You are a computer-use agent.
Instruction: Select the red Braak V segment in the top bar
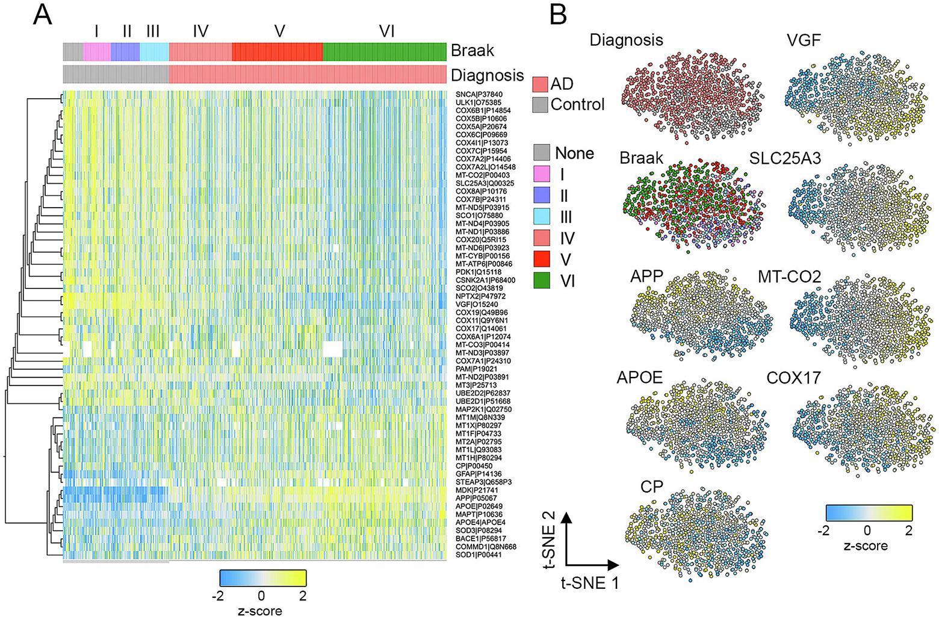[x=277, y=52]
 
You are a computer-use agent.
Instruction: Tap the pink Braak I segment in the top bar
[x=96, y=52]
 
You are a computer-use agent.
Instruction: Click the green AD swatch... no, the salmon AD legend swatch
[x=541, y=84]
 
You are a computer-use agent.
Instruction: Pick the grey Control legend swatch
[x=541, y=104]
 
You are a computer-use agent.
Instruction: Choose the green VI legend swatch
[x=542, y=280]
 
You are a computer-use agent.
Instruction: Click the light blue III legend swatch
[x=542, y=217]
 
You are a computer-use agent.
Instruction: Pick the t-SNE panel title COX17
[x=793, y=378]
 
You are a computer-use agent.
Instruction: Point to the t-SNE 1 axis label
[x=590, y=582]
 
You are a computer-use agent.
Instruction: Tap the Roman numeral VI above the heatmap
[x=386, y=31]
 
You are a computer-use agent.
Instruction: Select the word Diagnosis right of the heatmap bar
[x=487, y=75]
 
